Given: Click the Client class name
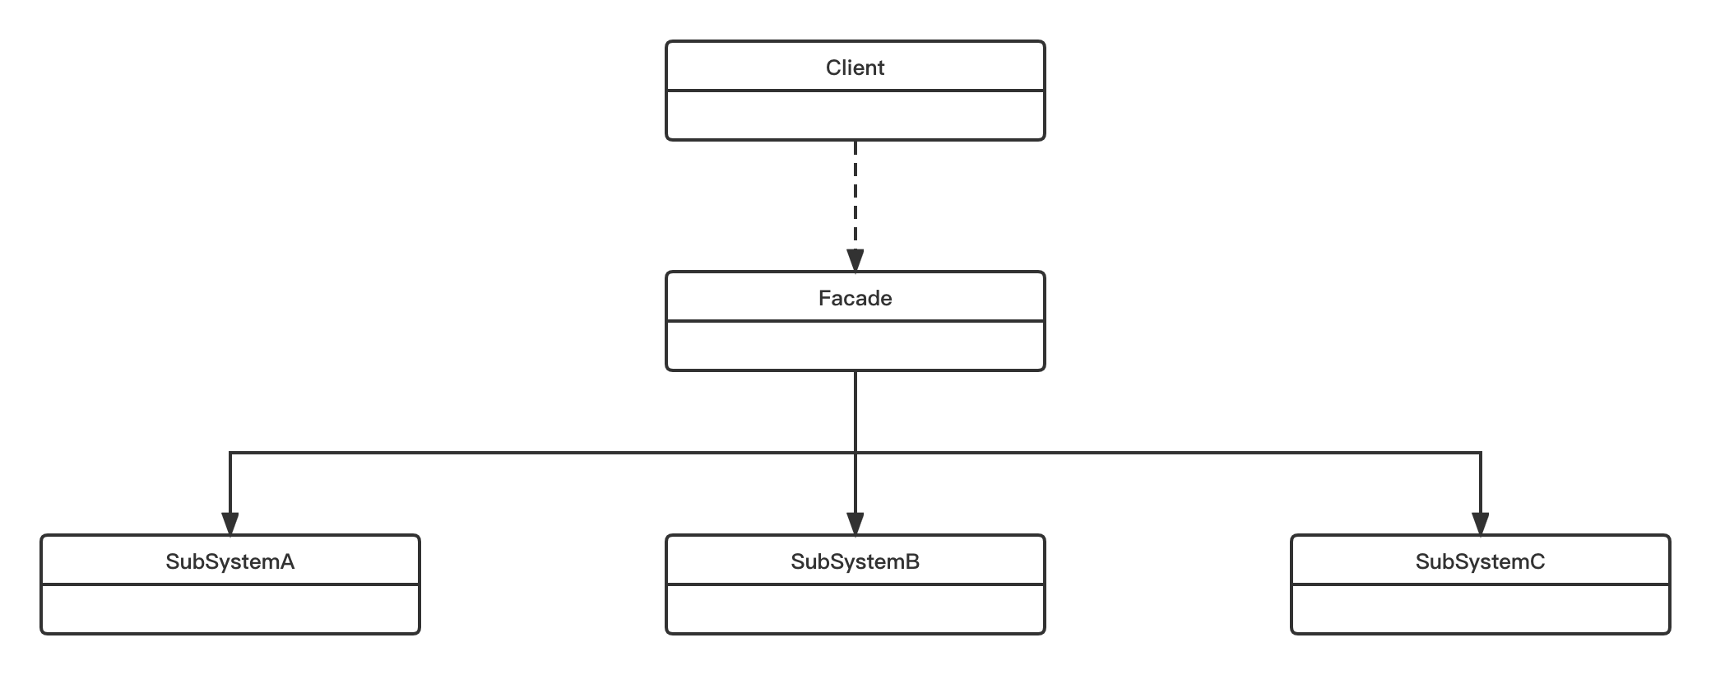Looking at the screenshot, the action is pos(855,67).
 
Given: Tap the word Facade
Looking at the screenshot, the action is pos(855,298).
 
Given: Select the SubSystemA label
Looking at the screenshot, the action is pos(230,561).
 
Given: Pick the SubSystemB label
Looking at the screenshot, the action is pos(855,561).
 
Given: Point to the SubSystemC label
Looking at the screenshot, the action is pos(1480,561).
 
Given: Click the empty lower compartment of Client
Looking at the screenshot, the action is pos(855,115).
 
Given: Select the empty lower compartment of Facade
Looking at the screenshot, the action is pos(855,346).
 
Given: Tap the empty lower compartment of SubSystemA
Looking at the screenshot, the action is pos(230,609).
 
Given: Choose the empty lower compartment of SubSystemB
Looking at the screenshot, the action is pos(855,609).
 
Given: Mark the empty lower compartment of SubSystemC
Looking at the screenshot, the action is pos(1480,609).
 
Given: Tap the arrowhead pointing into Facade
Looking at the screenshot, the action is pos(855,260).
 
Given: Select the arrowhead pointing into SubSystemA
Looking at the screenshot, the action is pos(230,524).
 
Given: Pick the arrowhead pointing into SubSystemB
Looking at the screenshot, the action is pos(855,524).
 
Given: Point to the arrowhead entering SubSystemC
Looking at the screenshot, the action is pos(1481,524).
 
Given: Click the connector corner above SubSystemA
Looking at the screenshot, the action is pos(230,453).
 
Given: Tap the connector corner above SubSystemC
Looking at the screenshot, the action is pos(1481,453).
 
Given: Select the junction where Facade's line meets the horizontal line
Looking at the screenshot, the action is pos(855,453).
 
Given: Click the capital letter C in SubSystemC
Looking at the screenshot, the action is pos(1537,561).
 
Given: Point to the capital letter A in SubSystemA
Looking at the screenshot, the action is pos(286,561).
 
